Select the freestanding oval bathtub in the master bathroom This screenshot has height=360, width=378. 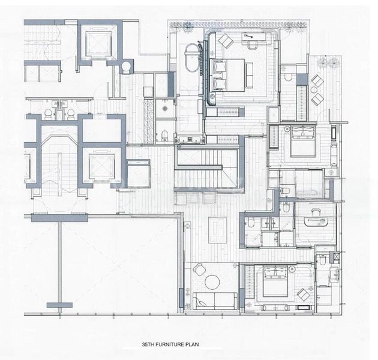click(192, 58)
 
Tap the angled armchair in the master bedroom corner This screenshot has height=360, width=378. click(227, 41)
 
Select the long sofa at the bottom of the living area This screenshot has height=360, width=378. click(214, 301)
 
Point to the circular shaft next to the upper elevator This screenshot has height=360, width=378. click(127, 67)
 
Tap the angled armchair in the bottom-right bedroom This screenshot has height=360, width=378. click(304, 295)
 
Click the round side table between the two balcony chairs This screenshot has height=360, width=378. click(315, 91)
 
